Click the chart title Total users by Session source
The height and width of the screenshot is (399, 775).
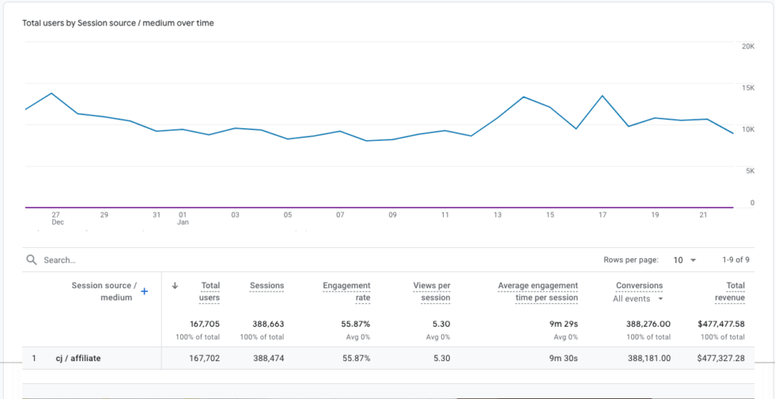pos(119,23)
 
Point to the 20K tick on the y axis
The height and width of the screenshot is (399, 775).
pos(747,47)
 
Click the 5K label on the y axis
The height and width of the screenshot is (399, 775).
pos(750,170)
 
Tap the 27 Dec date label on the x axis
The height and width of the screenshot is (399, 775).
pos(56,218)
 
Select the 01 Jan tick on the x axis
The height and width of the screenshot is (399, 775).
pos(183,218)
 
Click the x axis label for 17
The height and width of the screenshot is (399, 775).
pos(603,215)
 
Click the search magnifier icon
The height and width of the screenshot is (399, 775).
pos(32,260)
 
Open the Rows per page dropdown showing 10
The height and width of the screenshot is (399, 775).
pos(685,260)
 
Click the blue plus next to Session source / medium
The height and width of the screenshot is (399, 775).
pos(144,292)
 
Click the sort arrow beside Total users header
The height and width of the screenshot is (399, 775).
pos(175,286)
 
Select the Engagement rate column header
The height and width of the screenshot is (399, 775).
pos(346,291)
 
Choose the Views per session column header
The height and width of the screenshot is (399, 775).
pos(432,291)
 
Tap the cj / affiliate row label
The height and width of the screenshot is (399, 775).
pos(77,359)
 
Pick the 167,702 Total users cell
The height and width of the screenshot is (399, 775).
pos(203,359)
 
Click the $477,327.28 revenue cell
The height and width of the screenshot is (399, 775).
pos(718,359)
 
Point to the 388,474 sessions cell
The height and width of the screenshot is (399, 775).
pos(267,359)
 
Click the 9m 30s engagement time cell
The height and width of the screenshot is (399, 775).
pos(562,359)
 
